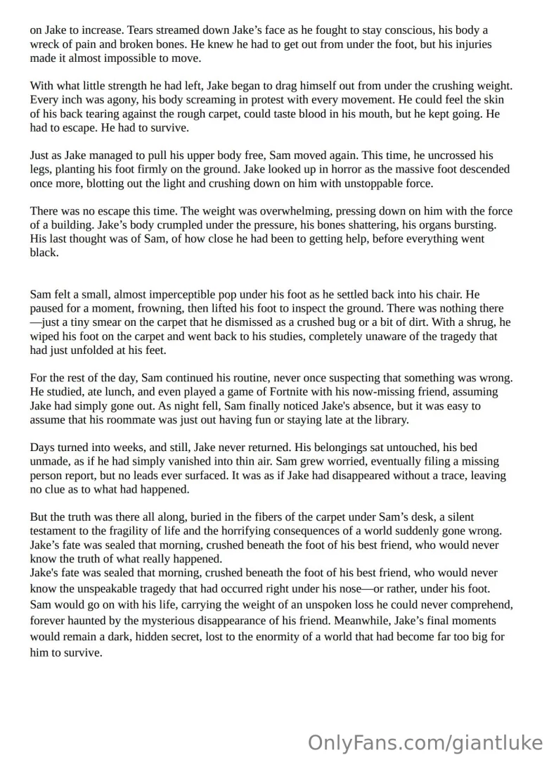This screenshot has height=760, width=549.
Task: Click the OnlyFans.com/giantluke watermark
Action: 425,742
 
